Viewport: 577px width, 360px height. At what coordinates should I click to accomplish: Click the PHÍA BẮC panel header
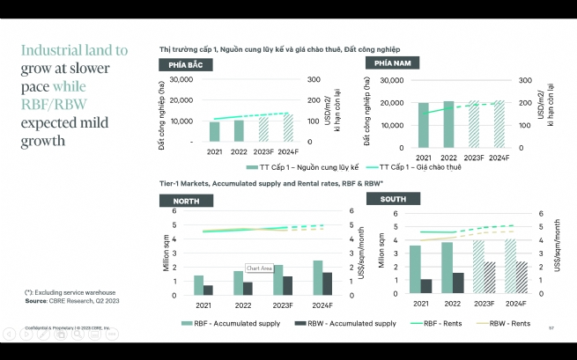(x=184, y=65)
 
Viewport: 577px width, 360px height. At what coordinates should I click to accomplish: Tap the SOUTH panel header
(x=393, y=199)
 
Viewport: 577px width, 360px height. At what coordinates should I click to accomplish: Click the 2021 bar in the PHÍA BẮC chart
(x=214, y=131)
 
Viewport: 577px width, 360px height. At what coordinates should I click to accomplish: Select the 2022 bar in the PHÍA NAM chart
(x=449, y=124)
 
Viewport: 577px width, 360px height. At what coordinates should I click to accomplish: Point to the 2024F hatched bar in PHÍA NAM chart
(x=499, y=124)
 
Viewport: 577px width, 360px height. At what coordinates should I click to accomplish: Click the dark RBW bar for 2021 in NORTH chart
(x=208, y=290)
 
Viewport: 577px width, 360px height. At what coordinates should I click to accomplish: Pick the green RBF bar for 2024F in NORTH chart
(x=318, y=277)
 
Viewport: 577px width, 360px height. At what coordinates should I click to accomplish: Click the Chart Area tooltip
(x=258, y=268)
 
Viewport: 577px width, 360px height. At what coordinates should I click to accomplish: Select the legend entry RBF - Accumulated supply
(x=230, y=323)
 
